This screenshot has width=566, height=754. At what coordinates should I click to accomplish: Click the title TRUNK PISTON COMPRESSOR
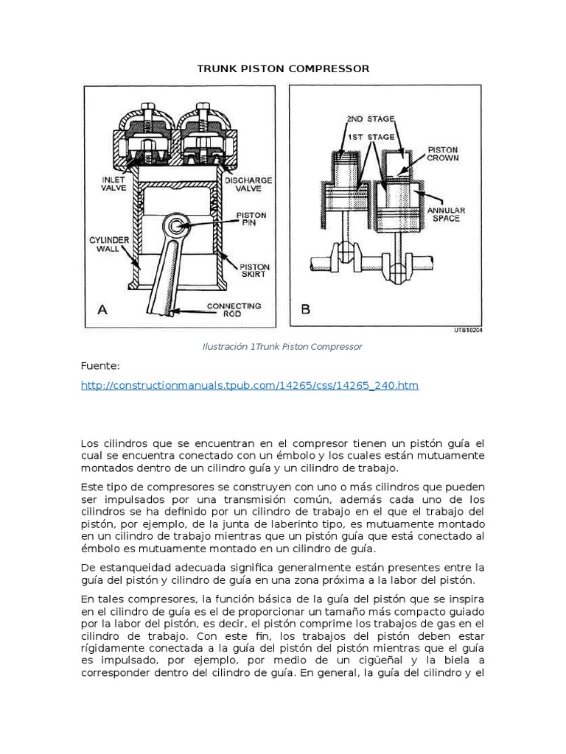coord(283,68)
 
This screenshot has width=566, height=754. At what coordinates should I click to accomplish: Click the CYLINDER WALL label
coord(109,245)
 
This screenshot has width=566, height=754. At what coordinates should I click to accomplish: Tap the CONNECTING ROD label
coord(234,310)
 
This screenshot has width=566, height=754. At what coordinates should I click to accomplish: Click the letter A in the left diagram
coord(102,309)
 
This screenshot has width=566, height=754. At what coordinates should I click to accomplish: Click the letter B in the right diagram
coord(305,309)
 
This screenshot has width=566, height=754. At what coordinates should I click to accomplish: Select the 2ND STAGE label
coord(370,119)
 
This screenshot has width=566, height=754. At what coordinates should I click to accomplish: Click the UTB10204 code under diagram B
coord(469,331)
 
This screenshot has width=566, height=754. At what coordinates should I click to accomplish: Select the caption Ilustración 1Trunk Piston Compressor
coord(283,346)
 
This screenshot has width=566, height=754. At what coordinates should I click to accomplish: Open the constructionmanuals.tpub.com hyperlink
coord(249,386)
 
